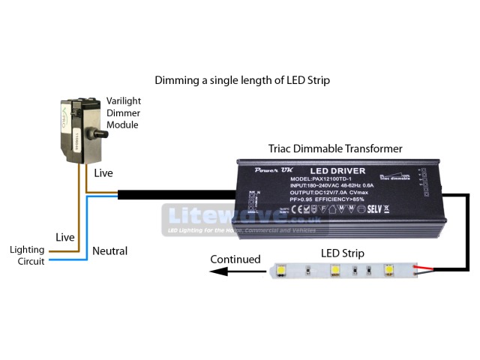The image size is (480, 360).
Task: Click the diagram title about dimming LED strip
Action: (x=241, y=79)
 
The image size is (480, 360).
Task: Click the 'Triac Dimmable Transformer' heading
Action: (x=334, y=148)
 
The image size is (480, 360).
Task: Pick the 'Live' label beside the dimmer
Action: (x=104, y=173)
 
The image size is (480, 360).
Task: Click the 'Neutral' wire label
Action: (x=109, y=251)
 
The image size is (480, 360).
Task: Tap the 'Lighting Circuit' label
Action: (x=27, y=255)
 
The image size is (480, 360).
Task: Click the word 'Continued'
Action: (x=235, y=259)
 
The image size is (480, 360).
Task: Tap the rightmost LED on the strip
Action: (x=388, y=269)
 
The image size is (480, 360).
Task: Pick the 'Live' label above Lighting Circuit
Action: (x=65, y=237)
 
